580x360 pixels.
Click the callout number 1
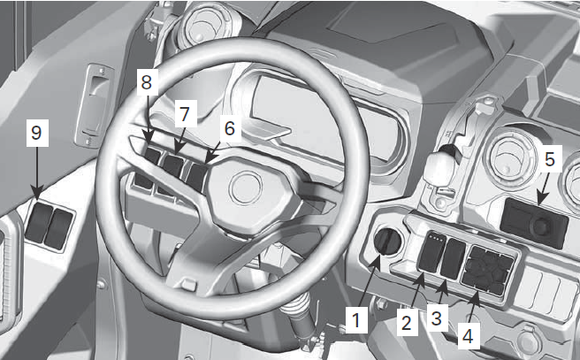(355, 319)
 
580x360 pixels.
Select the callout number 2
(406, 321)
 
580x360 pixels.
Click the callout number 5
(549, 160)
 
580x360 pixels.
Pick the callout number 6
(229, 128)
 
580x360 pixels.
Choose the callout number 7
(184, 116)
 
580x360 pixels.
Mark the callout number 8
(146, 83)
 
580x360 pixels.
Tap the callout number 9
(35, 134)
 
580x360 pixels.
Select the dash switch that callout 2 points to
(431, 255)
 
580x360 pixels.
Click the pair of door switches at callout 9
(49, 226)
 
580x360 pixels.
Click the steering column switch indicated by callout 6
(198, 172)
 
